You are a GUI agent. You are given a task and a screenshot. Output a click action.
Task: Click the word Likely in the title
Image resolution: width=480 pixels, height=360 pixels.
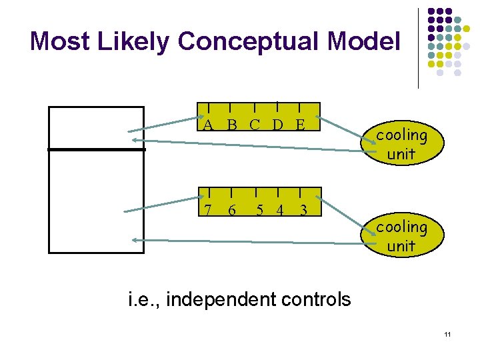(x=137, y=41)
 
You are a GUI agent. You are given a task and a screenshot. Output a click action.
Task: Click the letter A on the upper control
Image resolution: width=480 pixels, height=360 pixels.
(x=209, y=125)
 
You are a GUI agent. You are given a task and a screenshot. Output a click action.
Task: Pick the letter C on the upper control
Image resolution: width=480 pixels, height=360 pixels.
(x=255, y=125)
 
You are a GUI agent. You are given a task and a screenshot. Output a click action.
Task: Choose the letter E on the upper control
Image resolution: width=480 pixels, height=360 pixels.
(x=300, y=125)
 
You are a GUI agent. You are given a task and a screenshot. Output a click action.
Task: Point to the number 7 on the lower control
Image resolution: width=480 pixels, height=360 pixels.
(x=209, y=210)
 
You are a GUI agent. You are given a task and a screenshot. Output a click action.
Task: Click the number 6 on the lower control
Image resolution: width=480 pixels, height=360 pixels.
(x=231, y=210)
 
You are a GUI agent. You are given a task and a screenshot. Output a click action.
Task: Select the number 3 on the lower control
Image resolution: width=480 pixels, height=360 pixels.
(x=303, y=210)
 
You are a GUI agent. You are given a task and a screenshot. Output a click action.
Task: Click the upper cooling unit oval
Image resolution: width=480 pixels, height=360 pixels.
(x=401, y=144)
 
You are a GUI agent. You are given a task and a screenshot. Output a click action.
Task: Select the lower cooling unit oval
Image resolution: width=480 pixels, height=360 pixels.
(x=401, y=236)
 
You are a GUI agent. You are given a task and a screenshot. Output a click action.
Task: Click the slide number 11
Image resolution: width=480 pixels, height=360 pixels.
(x=447, y=333)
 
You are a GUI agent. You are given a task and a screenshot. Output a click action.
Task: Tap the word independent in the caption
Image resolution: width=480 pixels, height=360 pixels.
(x=221, y=300)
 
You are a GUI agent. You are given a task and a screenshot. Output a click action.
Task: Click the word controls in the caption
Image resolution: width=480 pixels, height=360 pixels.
(x=315, y=300)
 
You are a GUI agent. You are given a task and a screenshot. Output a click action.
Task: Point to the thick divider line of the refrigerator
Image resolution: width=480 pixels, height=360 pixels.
(x=97, y=149)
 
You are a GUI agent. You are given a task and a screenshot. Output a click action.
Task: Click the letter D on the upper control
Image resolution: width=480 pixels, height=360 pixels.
(x=277, y=125)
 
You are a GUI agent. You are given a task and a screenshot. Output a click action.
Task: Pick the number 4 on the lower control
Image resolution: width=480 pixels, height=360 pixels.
(x=279, y=210)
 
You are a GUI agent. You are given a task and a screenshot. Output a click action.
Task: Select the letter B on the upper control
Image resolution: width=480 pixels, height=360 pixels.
(x=231, y=125)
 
